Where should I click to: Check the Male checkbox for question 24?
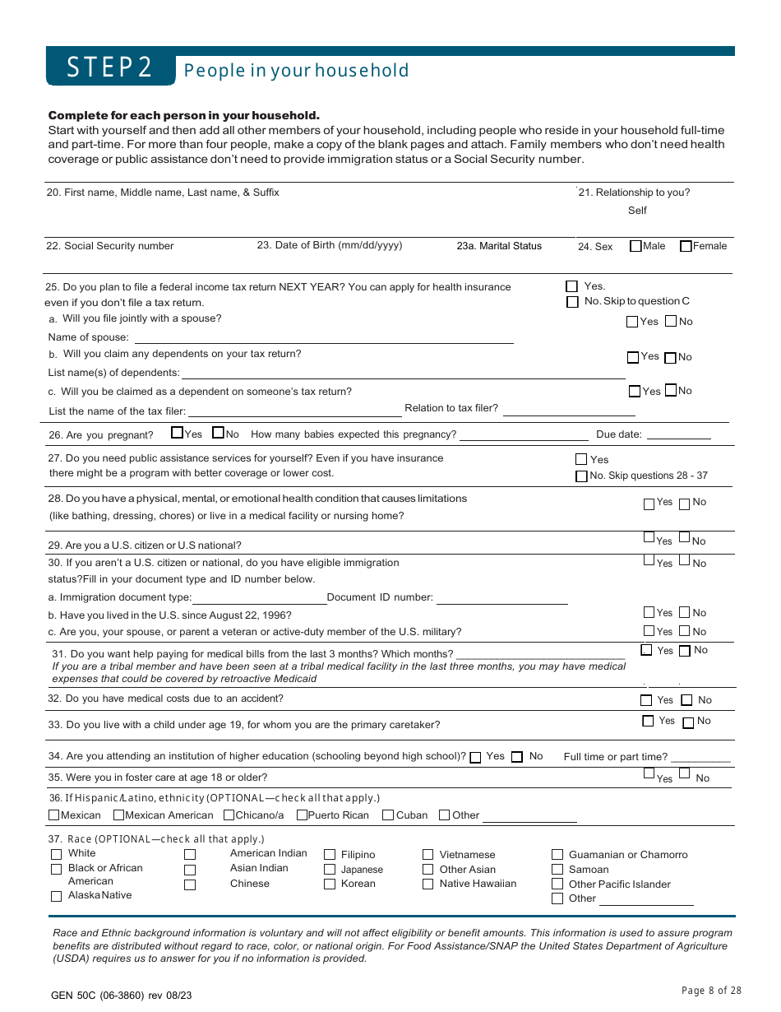coord(635,246)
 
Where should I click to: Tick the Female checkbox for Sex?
coord(686,246)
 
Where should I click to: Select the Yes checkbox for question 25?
coord(572,286)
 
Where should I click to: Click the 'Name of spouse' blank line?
coord(323,337)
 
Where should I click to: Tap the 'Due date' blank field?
coord(678,435)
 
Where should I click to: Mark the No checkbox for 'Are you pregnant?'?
coord(218,433)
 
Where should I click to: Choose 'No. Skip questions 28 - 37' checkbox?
coord(581,476)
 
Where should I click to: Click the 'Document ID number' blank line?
coord(501,598)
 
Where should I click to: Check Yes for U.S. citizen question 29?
coord(649,537)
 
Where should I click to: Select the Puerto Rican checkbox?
coord(302,815)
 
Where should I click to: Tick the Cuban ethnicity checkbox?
coord(388,815)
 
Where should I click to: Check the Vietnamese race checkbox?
coord(427,855)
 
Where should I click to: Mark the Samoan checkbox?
coord(557,870)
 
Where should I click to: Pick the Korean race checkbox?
coord(330,884)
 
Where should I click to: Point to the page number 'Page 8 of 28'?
coord(711,991)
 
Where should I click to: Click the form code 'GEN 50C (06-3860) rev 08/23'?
coord(121,996)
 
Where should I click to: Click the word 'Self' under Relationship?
coord(637,211)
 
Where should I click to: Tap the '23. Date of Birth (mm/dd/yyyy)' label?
coord(330,245)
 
